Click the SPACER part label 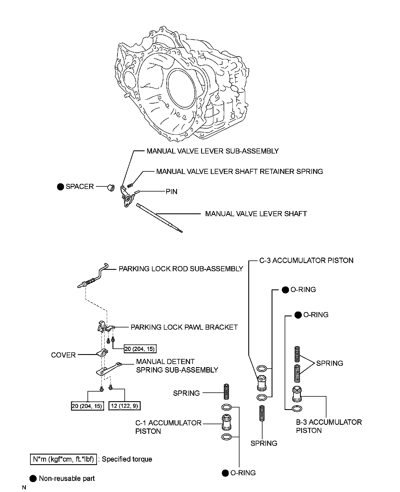(x=80, y=186)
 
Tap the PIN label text (x=172, y=192)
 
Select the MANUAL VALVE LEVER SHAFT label (x=256, y=214)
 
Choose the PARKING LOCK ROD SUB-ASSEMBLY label (x=181, y=269)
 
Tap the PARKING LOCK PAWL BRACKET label (x=184, y=327)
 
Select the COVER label (x=63, y=355)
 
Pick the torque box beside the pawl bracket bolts (x=140, y=348)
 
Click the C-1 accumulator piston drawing (x=226, y=422)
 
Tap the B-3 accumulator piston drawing (x=296, y=394)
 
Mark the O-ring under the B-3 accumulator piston (x=297, y=409)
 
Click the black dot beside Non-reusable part (x=33, y=478)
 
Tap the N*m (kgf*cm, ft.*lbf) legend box (x=63, y=459)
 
